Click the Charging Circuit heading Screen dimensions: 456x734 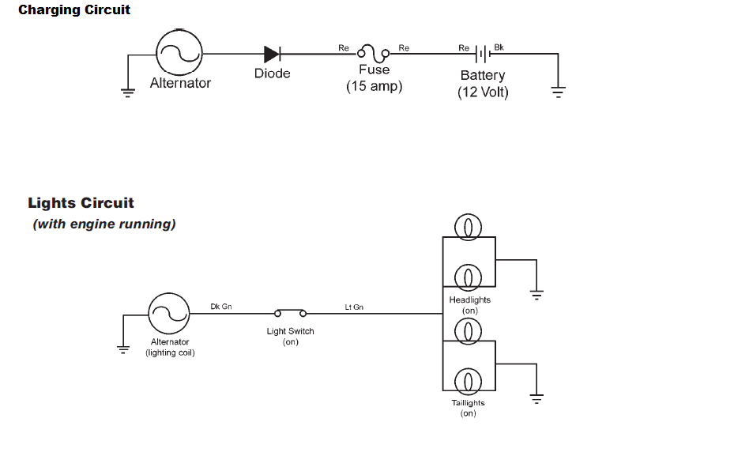74,10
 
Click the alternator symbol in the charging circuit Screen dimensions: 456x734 179,53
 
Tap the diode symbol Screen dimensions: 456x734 272,54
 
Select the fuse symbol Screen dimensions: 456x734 374,54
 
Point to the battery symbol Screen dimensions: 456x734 483,54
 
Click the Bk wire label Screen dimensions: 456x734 499,47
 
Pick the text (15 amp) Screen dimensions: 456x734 374,86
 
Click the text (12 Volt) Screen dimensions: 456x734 483,92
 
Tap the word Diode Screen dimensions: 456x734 272,73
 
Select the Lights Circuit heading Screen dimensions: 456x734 81,203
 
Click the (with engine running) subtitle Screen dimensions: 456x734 104,224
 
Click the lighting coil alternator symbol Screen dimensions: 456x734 168,314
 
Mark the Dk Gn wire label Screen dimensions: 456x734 221,306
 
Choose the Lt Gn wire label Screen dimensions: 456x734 354,307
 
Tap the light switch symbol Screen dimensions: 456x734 290,313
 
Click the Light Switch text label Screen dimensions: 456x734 290,331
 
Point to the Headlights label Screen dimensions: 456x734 469,300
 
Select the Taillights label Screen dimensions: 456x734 468,403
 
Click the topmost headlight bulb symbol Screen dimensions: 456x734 469,228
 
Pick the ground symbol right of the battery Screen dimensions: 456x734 558,92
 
